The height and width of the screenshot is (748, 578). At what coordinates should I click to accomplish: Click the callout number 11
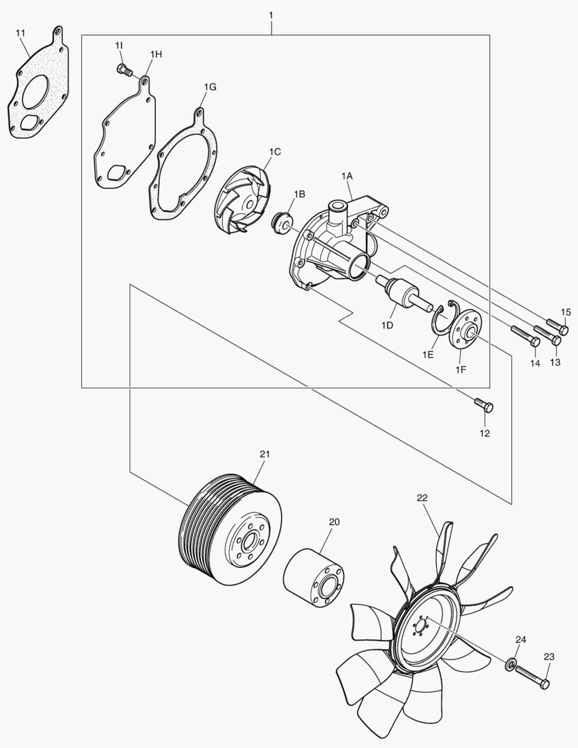tap(21, 33)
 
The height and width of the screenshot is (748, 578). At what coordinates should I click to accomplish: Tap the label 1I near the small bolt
tap(119, 45)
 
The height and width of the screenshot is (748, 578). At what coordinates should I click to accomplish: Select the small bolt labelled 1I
tap(124, 71)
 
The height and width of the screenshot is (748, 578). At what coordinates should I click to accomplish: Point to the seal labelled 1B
tap(281, 223)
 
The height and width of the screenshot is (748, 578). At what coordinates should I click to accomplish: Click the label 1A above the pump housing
tap(347, 176)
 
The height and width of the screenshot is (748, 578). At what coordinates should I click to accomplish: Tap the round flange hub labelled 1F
tap(466, 330)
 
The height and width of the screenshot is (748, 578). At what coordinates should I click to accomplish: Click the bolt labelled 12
tap(484, 405)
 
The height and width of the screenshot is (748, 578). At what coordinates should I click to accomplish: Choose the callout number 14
tap(535, 363)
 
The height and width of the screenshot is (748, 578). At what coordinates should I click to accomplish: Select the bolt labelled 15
tap(557, 326)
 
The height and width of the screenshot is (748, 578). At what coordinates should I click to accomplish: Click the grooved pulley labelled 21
tap(230, 531)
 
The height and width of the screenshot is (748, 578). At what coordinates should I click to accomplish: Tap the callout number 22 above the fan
tap(422, 497)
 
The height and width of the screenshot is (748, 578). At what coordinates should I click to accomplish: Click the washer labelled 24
tap(510, 664)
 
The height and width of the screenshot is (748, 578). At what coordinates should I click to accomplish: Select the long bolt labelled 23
tap(532, 677)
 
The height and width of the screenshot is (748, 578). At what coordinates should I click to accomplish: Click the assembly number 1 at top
tap(271, 15)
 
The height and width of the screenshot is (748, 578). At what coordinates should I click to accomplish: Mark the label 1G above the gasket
tap(210, 87)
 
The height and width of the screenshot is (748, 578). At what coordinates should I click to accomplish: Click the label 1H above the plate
tap(156, 55)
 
